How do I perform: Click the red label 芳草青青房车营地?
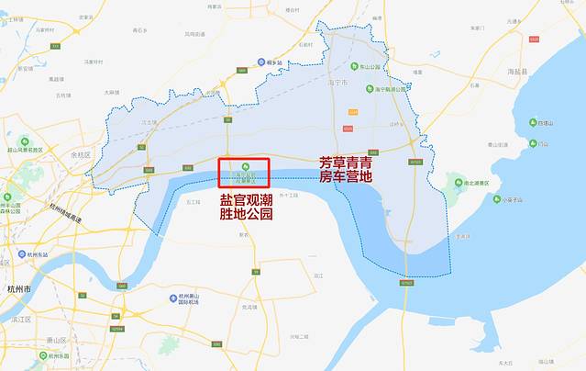[345, 169]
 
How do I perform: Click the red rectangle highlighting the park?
[243, 174]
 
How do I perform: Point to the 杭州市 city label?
[18, 287]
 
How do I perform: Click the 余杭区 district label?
[83, 153]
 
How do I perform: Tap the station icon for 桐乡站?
[261, 62]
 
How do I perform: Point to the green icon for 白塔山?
[531, 122]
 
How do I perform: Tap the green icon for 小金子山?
[495, 199]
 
